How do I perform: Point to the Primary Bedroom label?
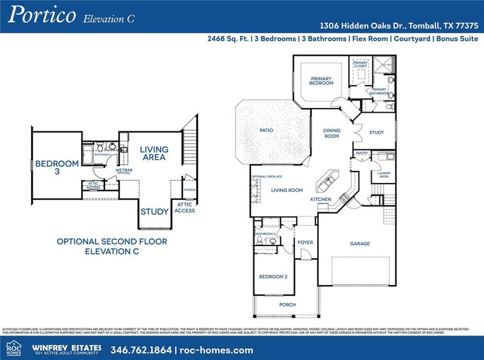(321, 80)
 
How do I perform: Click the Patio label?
(267, 130)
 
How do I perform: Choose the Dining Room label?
(331, 133)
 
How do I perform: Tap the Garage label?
(360, 244)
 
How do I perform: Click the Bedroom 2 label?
(273, 277)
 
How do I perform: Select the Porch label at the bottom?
(288, 305)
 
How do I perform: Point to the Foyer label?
(305, 242)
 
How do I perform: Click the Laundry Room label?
(384, 175)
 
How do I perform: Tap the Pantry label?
(361, 153)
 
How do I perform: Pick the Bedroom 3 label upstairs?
(56, 167)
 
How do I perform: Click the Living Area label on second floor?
(154, 153)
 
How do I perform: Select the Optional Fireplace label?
(267, 176)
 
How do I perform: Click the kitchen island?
(329, 179)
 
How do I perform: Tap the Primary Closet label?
(360, 64)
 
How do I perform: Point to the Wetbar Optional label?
(124, 171)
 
